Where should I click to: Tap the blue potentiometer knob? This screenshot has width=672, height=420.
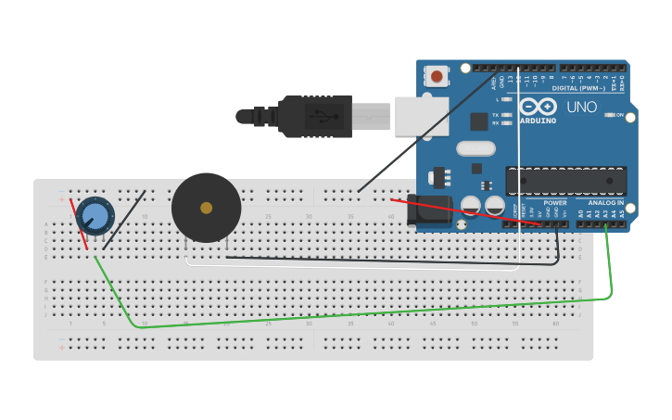[x=95, y=216]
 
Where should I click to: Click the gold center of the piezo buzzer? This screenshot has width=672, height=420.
[x=206, y=208]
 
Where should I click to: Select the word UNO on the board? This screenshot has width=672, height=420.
[x=582, y=108]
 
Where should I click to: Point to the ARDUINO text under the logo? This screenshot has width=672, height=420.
[x=538, y=121]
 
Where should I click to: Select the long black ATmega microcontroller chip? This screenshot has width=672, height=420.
[x=565, y=181]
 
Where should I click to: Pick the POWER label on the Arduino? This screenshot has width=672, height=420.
[x=554, y=202]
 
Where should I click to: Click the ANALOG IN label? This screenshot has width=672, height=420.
[x=606, y=202]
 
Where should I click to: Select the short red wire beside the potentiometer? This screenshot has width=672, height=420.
[x=79, y=223]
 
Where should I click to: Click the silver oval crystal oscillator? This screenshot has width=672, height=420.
[x=475, y=148]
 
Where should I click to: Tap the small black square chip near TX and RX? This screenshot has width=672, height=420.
[x=478, y=121]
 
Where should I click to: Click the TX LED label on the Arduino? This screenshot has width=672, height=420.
[x=496, y=115]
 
